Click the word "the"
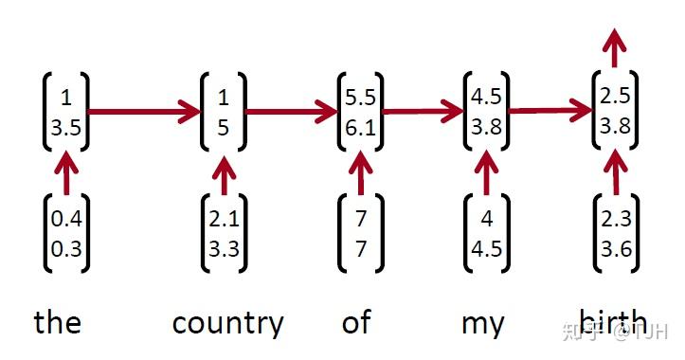58,323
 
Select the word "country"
227,324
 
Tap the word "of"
356,322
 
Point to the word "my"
483,324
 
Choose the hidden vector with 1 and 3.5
65,112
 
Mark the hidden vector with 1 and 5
224,112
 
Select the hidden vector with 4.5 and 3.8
487,112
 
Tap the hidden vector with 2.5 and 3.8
616,112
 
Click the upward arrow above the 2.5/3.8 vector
616,47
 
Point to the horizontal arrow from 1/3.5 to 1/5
144,112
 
